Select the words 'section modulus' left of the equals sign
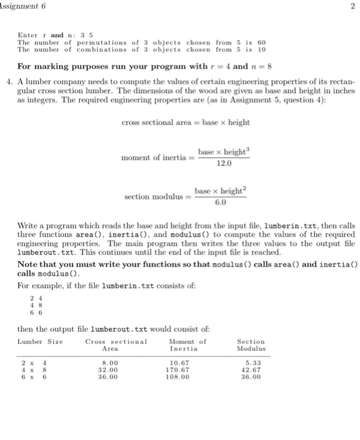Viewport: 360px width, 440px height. (151, 197)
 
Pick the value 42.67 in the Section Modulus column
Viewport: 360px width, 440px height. (251, 371)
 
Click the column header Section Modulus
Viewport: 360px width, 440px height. (251, 344)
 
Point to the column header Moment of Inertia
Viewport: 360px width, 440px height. (187, 344)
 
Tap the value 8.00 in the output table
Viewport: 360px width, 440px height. (111, 364)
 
